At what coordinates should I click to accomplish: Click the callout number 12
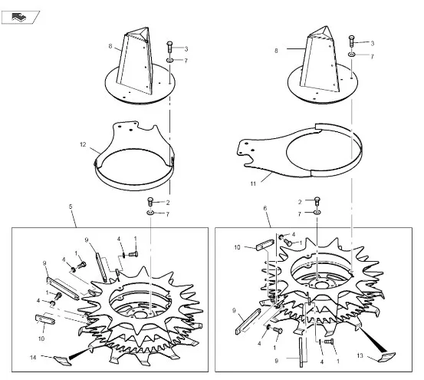pyautogui.click(x=83, y=145)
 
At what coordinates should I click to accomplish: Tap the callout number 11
pyautogui.click(x=253, y=183)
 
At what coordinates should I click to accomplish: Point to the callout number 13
pyautogui.click(x=360, y=355)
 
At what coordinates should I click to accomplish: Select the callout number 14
pyautogui.click(x=33, y=358)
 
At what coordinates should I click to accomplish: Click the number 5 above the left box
pyautogui.click(x=71, y=207)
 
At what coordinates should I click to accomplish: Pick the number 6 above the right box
pyautogui.click(x=265, y=208)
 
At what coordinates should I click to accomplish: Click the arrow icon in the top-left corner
pyautogui.click(x=19, y=18)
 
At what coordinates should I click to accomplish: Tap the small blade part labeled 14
pyautogui.click(x=63, y=361)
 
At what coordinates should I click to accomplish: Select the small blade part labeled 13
pyautogui.click(x=386, y=357)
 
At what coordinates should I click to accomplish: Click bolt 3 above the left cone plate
pyautogui.click(x=169, y=48)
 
